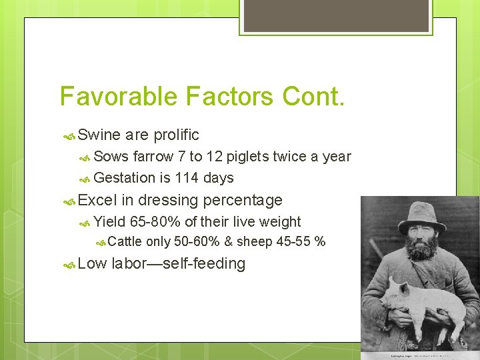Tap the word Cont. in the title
[x=313, y=96]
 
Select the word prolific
[x=176, y=135]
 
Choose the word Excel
[x=97, y=200]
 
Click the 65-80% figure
[x=155, y=222]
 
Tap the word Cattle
[x=125, y=241]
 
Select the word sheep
[x=255, y=241]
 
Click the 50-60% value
[x=197, y=241]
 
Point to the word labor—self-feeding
[x=179, y=264]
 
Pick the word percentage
[x=243, y=200]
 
